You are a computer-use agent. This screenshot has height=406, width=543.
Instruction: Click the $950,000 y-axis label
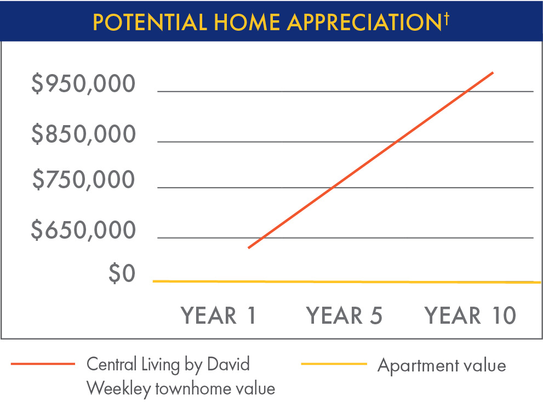click(83, 84)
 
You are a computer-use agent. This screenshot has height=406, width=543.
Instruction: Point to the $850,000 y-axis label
click(83, 134)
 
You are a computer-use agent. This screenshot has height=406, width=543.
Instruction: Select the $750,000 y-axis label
click(83, 180)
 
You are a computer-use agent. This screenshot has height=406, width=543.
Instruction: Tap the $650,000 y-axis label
click(83, 230)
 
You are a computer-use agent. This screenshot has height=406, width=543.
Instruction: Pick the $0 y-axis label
click(121, 273)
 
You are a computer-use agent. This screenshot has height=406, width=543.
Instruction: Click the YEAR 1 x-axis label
click(219, 316)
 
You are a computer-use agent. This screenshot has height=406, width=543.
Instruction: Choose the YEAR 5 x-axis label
click(344, 316)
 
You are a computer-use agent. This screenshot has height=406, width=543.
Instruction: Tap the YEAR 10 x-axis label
click(471, 316)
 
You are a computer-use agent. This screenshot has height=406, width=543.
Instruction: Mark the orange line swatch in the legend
click(43, 364)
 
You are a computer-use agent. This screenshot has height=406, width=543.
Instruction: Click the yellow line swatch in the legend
click(334, 364)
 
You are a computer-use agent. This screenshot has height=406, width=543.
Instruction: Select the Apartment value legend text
click(442, 365)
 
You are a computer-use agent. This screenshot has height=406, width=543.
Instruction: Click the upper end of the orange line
click(493, 72)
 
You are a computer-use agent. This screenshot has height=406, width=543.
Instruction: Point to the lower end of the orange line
click(249, 248)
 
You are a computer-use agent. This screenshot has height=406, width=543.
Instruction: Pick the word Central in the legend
click(111, 364)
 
